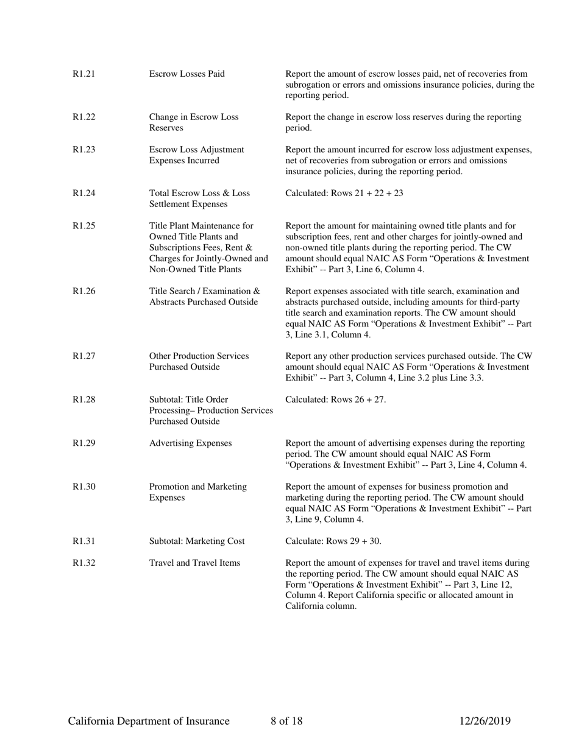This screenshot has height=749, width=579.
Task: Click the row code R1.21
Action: [84, 74]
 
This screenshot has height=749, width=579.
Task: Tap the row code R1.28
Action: [84, 399]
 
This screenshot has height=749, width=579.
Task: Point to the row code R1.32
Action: [84, 563]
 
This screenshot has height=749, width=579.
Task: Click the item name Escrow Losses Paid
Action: [187, 74]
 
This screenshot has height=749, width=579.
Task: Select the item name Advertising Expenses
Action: [191, 443]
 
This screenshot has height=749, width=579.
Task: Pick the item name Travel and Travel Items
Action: [195, 563]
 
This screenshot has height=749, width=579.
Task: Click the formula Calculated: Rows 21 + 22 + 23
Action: [344, 194]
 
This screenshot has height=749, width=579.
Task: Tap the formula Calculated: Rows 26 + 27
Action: [336, 399]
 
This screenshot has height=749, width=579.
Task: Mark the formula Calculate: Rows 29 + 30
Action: [333, 541]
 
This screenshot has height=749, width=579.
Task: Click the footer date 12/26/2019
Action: [485, 722]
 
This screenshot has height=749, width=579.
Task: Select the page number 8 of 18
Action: [286, 722]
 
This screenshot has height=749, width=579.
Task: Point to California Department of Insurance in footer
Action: [149, 722]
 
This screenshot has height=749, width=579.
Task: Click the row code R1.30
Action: [84, 487]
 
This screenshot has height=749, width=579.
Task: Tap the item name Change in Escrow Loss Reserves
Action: [194, 122]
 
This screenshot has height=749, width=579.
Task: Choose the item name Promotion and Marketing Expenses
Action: [198, 492]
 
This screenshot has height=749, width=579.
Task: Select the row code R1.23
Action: [84, 150]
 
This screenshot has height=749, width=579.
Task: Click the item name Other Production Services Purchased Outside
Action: [199, 361]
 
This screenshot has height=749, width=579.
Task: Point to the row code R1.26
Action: [84, 291]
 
